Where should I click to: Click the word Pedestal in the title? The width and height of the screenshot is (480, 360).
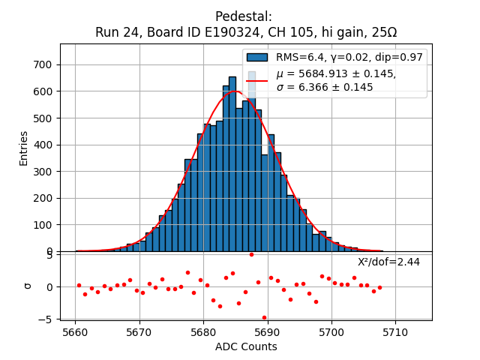point(243,16)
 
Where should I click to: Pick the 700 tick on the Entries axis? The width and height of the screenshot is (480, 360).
point(42,64)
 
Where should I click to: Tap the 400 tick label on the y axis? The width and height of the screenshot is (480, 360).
point(42,145)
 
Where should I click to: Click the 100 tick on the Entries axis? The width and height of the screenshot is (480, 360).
point(42,225)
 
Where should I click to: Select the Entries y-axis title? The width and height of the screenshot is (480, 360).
point(24,148)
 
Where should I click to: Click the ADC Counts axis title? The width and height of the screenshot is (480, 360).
point(246,346)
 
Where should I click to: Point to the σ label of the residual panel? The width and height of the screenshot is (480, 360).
point(28,286)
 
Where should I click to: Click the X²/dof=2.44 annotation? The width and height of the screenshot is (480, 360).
point(388,262)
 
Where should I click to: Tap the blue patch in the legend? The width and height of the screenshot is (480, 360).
point(257,58)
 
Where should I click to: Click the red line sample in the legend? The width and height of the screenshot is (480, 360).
point(257,80)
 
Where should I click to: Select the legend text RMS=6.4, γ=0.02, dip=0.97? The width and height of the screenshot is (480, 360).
point(349,58)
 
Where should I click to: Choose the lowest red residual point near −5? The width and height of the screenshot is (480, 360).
point(264,317)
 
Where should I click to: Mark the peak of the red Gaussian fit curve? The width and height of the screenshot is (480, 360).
point(235,91)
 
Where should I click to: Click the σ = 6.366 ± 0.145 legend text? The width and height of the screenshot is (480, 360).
point(324,87)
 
